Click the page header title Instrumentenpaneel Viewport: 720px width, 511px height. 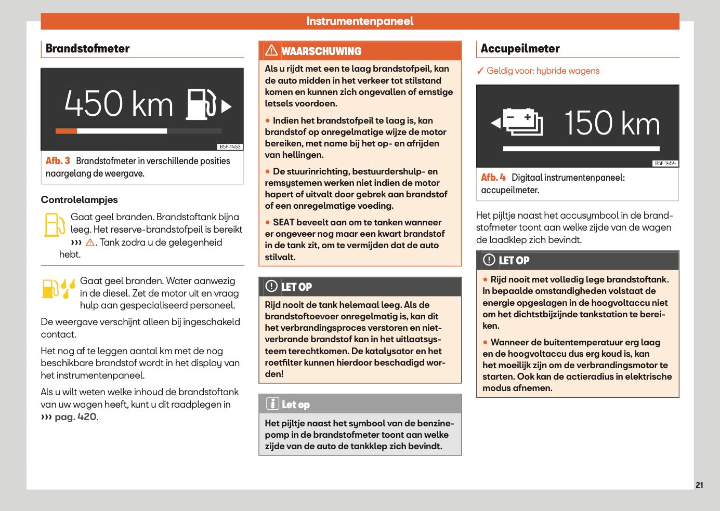[360, 21]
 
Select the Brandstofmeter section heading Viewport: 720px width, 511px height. [87, 48]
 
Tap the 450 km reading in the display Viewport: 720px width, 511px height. [119, 103]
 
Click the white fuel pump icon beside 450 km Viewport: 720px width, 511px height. [201, 104]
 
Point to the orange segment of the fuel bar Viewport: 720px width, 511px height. [66, 131]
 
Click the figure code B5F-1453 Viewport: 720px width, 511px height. [230, 147]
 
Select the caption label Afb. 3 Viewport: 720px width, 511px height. [58, 161]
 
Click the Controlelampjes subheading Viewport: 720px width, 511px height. [79, 200]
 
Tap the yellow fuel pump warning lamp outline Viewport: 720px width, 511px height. [55, 225]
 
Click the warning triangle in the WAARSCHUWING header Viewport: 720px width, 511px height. [271, 50]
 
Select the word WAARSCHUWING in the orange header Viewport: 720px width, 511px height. [321, 51]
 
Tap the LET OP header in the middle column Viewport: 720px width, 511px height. [296, 287]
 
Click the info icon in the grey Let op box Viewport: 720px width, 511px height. [272, 404]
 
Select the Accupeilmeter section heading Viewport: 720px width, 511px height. [520, 49]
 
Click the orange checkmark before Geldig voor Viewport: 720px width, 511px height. [480, 71]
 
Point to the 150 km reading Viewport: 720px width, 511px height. [612, 123]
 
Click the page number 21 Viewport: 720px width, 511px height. [699, 485]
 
